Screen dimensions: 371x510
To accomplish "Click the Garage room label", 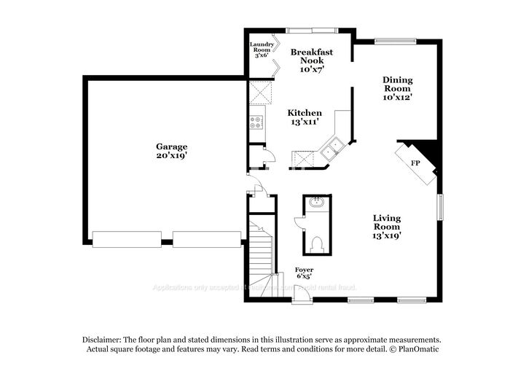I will pyautogui.click(x=171, y=151).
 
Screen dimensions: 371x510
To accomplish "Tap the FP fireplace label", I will pyautogui.click(x=415, y=163).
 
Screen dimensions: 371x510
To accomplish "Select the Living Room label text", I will pyautogui.click(x=387, y=227).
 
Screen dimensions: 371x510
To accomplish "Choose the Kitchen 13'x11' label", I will pyautogui.click(x=305, y=117).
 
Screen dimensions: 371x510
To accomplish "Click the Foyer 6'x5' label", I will pyautogui.click(x=304, y=273).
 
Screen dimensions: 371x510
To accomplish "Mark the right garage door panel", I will pyautogui.click(x=206, y=239).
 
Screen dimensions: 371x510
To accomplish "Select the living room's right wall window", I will pyautogui.click(x=440, y=206).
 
